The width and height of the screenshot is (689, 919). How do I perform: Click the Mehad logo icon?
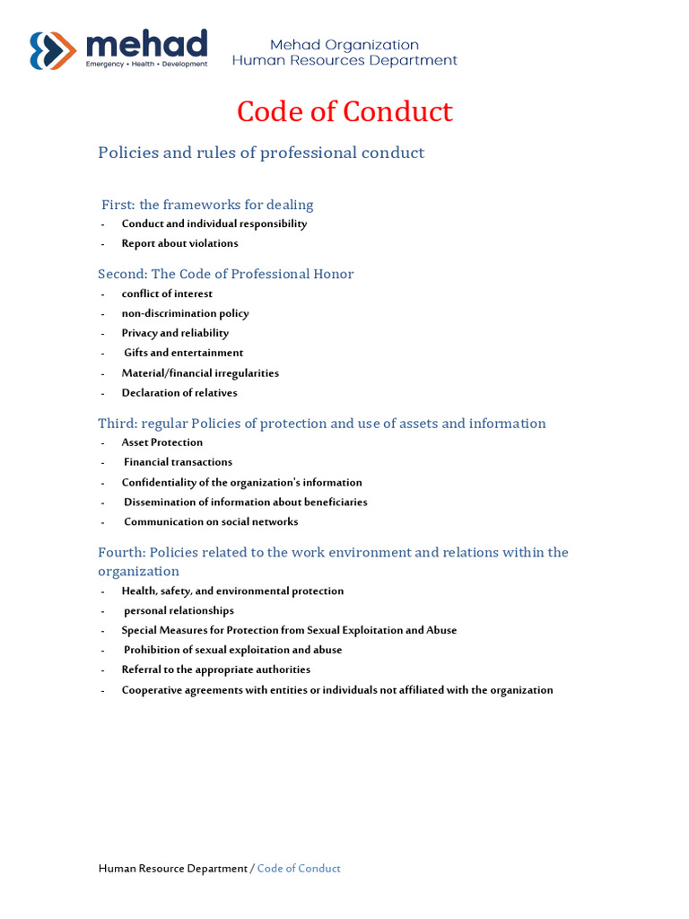click(x=53, y=50)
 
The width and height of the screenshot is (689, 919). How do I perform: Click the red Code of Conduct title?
click(x=344, y=112)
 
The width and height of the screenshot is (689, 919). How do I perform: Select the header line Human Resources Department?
click(x=344, y=61)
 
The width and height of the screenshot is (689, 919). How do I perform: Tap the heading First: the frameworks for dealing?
click(x=207, y=205)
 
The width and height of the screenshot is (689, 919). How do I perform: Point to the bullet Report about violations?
click(x=179, y=243)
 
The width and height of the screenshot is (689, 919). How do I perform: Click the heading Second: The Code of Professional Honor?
click(x=225, y=274)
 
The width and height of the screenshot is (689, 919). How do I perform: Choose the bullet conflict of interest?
click(x=167, y=293)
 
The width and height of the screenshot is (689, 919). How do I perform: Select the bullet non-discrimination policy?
click(x=185, y=313)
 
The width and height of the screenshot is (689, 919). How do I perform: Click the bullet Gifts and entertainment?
click(x=183, y=353)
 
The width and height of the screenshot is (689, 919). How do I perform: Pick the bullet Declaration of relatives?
click(x=179, y=392)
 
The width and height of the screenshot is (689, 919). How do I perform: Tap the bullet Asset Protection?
click(x=162, y=442)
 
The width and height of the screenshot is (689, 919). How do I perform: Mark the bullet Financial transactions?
click(x=178, y=462)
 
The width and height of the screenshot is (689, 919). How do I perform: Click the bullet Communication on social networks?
click(x=211, y=521)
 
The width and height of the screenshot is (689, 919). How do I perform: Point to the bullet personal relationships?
click(x=179, y=610)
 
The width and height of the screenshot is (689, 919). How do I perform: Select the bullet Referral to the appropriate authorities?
click(x=216, y=670)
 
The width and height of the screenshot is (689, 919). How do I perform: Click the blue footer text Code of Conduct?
click(x=299, y=869)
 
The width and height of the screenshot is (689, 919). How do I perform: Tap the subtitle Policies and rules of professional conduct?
click(x=261, y=153)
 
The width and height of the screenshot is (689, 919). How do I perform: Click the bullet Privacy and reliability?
click(x=175, y=333)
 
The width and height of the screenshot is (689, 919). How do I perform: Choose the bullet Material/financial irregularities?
click(x=200, y=372)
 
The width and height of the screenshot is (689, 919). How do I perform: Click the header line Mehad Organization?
click(x=344, y=45)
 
